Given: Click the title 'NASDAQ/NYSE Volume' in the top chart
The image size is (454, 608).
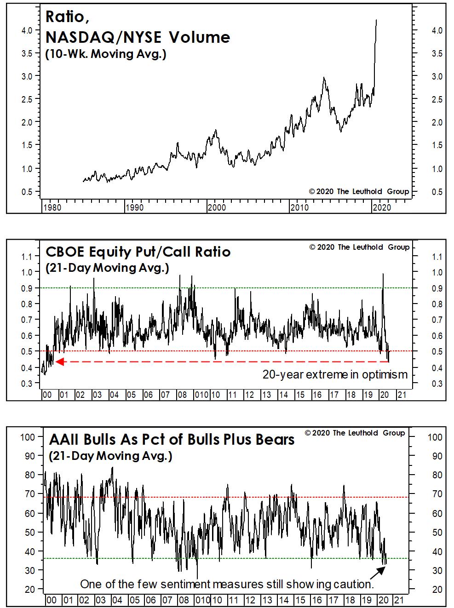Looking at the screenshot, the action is click(138, 37).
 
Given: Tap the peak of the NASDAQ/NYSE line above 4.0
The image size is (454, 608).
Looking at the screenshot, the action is click(376, 20).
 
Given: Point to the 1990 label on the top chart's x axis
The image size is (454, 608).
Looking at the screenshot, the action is click(135, 207).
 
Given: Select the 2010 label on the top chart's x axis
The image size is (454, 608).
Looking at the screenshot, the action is click(299, 207).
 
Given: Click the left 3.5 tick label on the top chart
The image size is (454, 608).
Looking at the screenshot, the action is click(27, 53).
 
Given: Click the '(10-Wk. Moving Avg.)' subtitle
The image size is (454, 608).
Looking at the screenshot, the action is click(106, 54).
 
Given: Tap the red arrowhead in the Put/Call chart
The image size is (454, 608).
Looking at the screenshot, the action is click(60, 361).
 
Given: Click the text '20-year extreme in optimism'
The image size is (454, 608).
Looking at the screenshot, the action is click(335, 374).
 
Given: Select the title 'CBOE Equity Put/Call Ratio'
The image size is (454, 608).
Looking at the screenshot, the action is click(138, 252).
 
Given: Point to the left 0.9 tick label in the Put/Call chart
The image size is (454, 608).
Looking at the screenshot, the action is click(27, 288).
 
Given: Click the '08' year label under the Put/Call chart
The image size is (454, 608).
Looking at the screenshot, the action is click(182, 395).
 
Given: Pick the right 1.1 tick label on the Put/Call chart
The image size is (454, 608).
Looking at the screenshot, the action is click(437, 257).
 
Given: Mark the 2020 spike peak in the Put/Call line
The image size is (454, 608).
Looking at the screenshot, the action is click(383, 274).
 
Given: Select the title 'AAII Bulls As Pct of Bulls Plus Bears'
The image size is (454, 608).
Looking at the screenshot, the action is click(172, 440).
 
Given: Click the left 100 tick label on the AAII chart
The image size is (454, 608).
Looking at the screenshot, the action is click(28, 437).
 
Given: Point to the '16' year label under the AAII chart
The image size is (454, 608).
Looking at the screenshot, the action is click(317, 600).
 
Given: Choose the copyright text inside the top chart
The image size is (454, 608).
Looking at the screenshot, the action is click(359, 191).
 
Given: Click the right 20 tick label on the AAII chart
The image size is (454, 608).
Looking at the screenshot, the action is click(437, 589).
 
